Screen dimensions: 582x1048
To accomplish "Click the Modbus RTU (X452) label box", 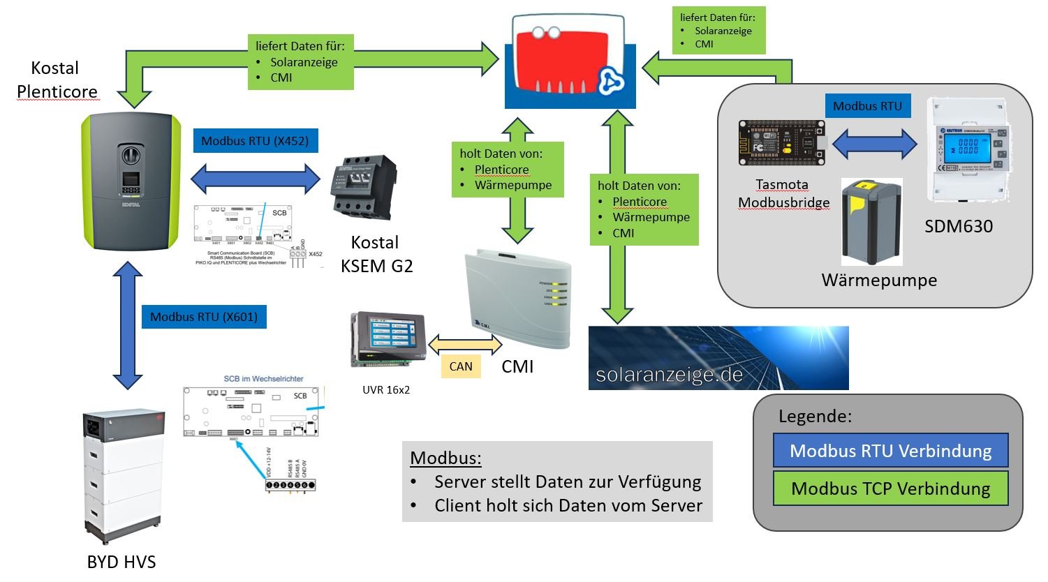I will tap(255, 141).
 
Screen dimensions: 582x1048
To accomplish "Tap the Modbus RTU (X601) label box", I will tap(204, 317).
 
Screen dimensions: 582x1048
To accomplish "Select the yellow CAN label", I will tap(461, 366).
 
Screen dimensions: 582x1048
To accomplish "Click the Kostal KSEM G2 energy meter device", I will tap(363, 188).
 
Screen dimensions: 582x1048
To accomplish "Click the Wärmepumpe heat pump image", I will tap(871, 222).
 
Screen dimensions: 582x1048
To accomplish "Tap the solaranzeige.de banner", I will tap(718, 358).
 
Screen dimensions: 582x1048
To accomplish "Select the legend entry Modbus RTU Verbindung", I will tap(890, 451).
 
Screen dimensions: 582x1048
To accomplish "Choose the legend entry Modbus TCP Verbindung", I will tap(890, 488).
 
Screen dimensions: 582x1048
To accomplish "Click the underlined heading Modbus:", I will tap(445, 458).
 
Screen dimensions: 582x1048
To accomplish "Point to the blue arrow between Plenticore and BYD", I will tap(128, 324).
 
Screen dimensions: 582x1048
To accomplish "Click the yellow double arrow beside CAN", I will tap(465, 344).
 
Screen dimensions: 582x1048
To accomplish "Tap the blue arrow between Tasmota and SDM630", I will tap(873, 145).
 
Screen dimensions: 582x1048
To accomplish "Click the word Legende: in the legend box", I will tap(815, 417).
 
